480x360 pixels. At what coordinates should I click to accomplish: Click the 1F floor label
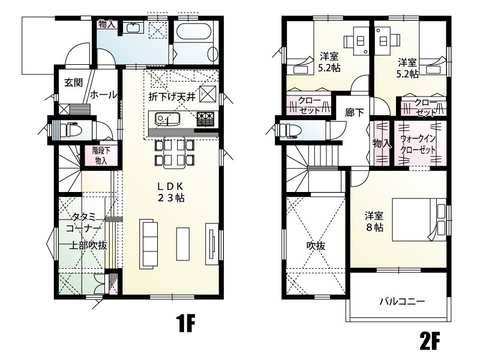[186, 323]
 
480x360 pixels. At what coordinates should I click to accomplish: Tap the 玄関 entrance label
[73, 82]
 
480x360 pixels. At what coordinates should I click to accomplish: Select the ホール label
[103, 95]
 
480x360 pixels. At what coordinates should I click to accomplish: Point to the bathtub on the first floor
[194, 32]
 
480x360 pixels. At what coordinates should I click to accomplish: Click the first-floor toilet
[70, 130]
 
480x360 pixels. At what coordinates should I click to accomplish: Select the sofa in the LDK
[149, 244]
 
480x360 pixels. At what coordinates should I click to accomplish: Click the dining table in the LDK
[175, 153]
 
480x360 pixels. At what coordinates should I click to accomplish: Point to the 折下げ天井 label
[172, 97]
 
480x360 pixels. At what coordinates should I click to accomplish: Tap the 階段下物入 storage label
[101, 155]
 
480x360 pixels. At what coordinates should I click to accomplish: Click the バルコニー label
[402, 302]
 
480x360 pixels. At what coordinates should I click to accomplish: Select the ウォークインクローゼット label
[418, 144]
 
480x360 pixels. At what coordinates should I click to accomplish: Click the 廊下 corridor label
[355, 113]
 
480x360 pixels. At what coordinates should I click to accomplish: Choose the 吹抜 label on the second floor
[316, 246]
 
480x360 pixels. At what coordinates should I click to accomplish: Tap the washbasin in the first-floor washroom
[134, 28]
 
